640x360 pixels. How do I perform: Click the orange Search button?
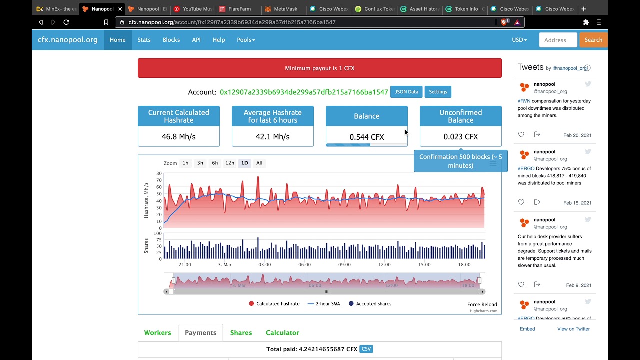(593, 40)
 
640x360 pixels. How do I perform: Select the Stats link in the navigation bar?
(144, 40)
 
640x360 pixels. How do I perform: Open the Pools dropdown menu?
(246, 40)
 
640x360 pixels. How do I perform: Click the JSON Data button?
(406, 92)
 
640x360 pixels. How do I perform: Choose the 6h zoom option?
(215, 163)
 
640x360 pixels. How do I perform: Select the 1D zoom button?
(244, 163)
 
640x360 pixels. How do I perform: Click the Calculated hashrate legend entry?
(274, 304)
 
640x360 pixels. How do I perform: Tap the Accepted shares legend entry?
(370, 304)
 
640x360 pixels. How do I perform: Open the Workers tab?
(157, 333)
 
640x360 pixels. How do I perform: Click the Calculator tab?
(282, 333)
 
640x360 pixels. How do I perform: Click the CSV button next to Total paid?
(366, 349)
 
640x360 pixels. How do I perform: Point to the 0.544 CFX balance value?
(366, 137)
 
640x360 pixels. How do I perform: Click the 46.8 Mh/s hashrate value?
(178, 136)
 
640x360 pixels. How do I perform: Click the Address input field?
(558, 40)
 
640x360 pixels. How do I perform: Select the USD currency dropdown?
(519, 40)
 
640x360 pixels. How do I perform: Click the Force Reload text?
(482, 304)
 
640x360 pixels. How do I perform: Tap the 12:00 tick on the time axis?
(384, 265)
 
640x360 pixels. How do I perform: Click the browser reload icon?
(66, 22)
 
